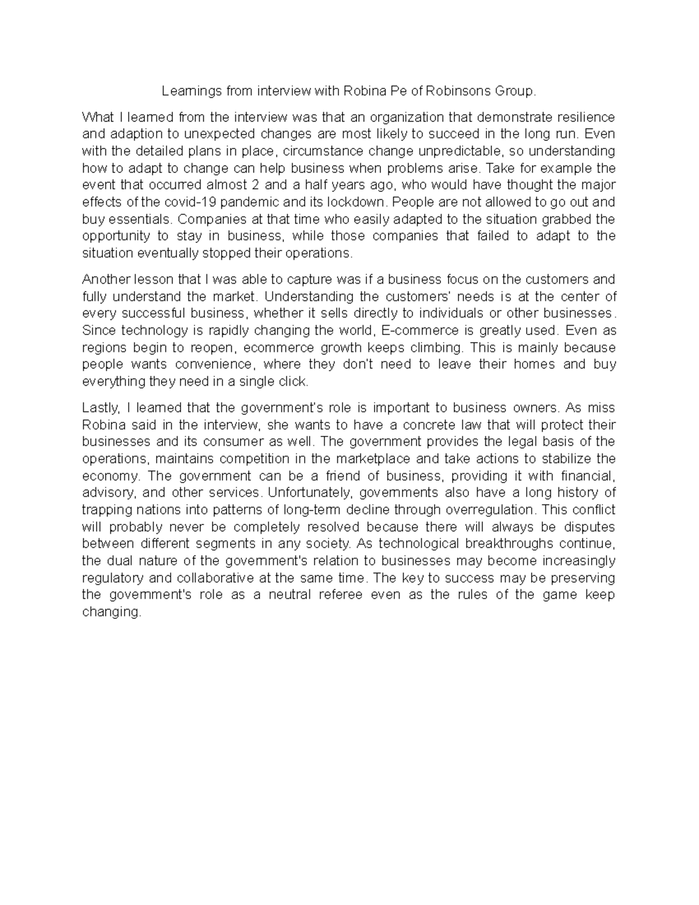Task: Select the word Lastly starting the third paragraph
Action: (x=100, y=407)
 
